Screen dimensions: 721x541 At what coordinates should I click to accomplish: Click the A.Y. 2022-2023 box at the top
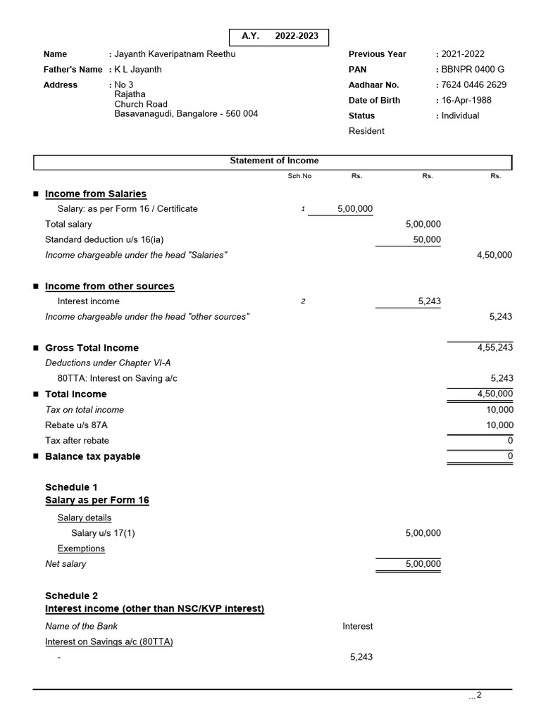279,37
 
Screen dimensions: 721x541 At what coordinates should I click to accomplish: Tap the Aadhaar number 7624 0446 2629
473,85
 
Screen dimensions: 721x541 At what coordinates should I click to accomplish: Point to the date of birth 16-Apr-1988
466,101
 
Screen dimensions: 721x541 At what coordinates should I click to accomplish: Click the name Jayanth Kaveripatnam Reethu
175,54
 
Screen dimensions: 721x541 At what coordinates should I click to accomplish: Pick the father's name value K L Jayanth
137,70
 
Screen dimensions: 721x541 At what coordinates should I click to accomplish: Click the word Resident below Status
366,131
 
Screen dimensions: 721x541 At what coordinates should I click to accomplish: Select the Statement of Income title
274,161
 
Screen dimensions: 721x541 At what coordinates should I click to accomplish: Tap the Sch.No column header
299,177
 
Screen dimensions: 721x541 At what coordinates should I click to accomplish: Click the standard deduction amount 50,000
427,240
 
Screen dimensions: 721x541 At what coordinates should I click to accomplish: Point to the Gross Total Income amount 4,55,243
495,348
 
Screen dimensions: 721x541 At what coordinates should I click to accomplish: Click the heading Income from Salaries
96,194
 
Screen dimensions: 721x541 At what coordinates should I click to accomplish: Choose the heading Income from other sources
109,287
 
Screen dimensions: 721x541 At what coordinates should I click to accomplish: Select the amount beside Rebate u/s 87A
500,425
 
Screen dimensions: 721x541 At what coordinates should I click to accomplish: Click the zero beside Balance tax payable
510,456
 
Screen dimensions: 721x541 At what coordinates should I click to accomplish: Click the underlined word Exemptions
81,548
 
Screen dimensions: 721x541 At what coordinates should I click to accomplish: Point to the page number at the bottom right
476,696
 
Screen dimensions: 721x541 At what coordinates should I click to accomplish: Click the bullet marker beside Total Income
35,394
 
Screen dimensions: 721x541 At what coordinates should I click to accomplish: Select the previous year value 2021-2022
463,54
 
